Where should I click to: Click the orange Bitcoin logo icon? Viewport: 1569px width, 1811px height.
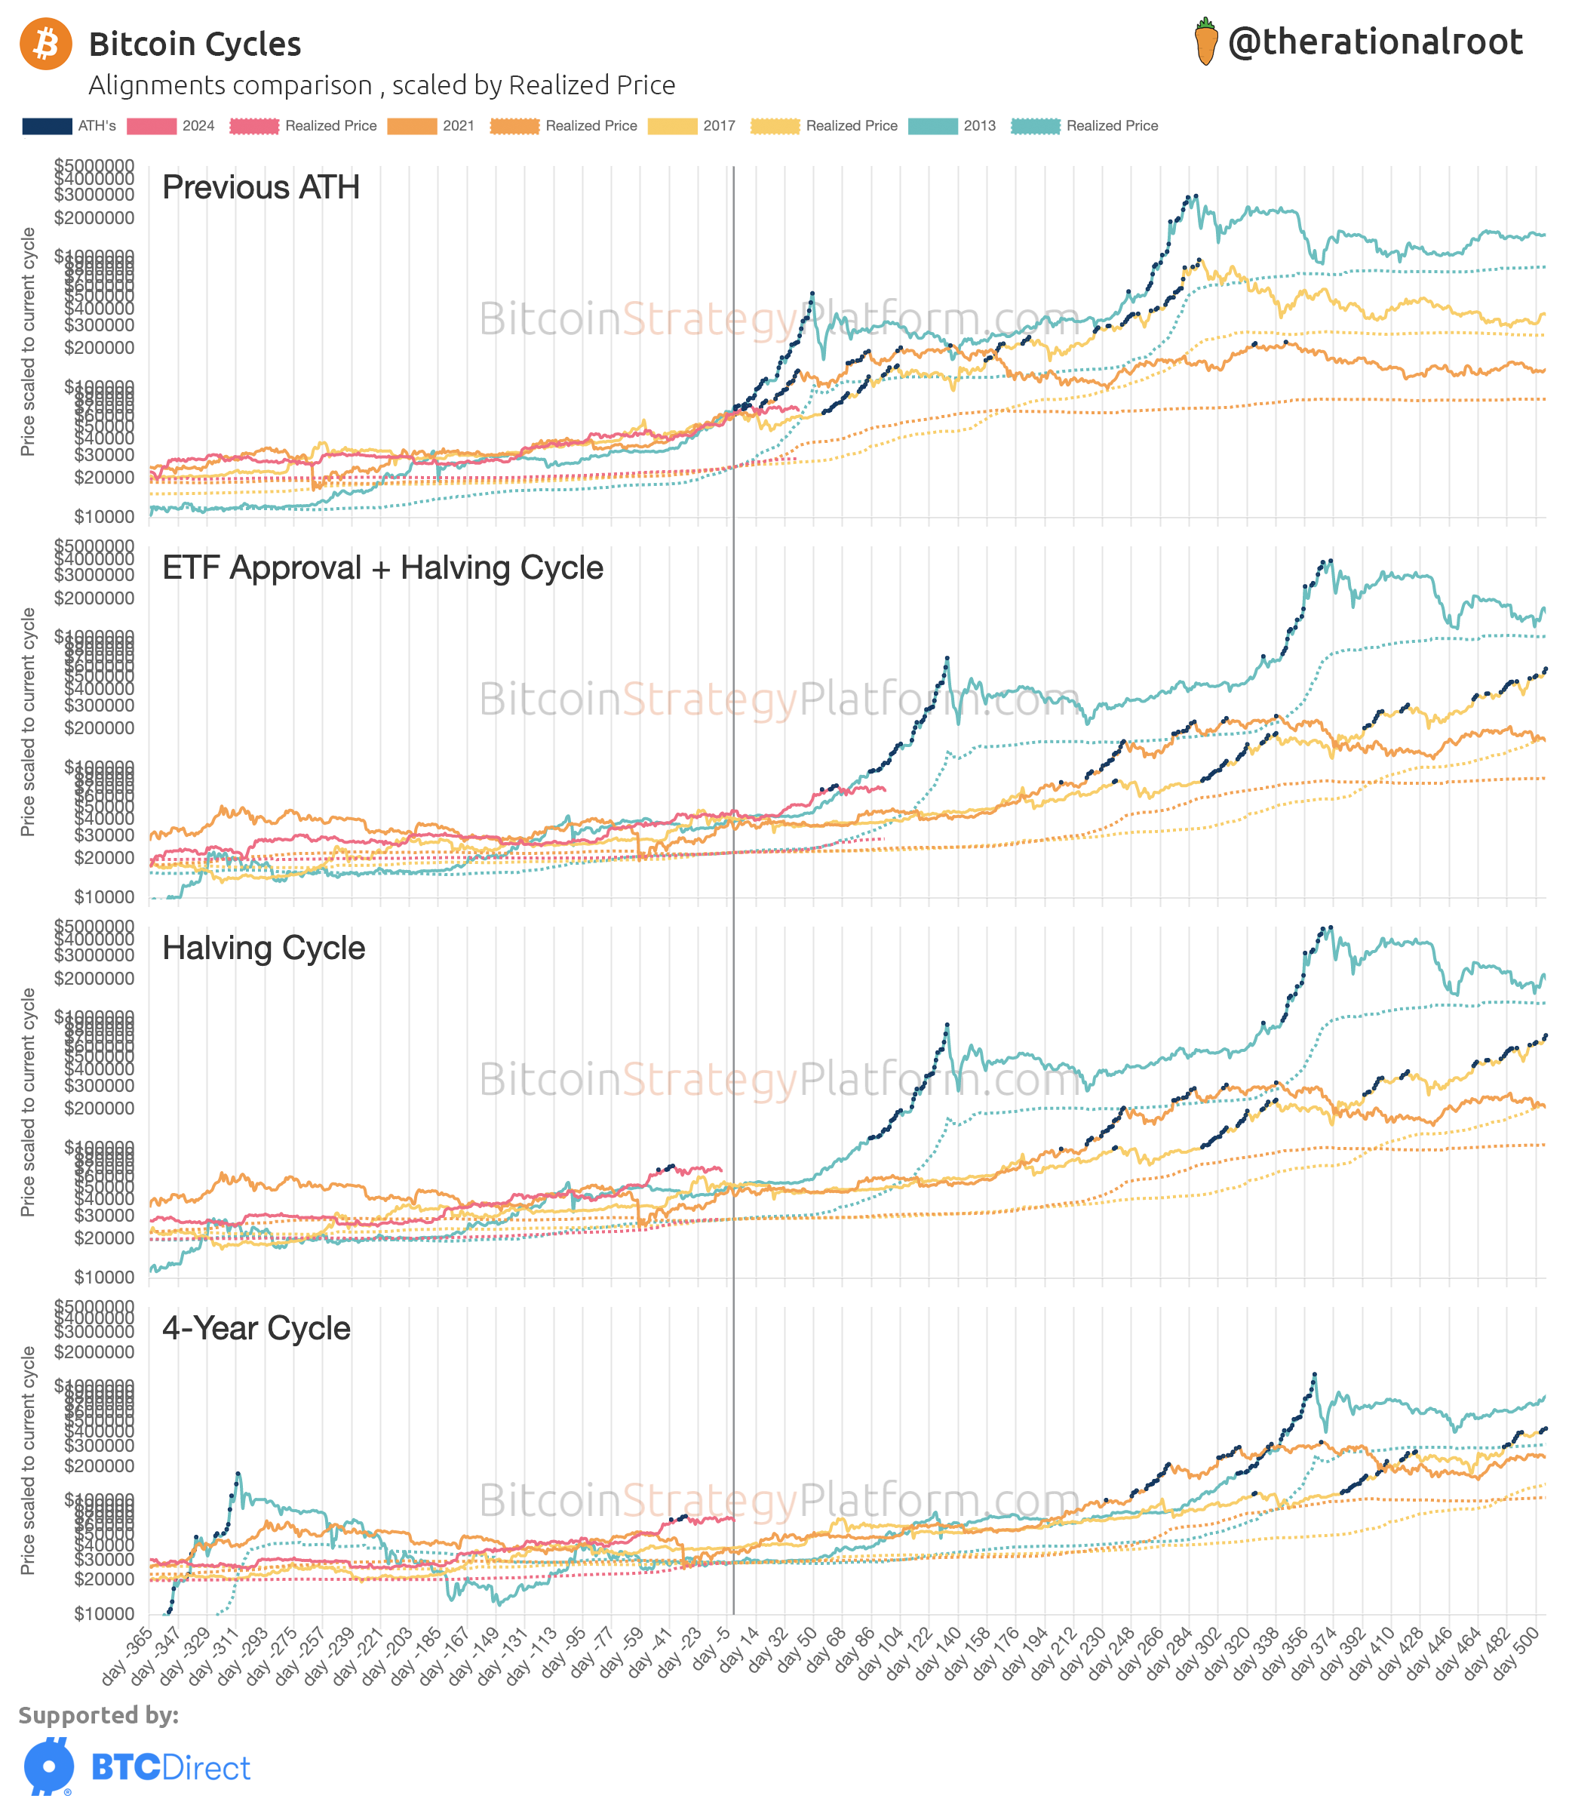pos(45,44)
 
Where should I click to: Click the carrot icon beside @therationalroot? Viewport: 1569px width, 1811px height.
pos(1205,42)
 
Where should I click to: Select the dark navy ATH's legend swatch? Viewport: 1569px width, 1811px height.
pos(48,126)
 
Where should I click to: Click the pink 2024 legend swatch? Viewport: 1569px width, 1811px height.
pos(151,126)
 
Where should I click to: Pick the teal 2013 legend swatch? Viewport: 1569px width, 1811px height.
pos(932,126)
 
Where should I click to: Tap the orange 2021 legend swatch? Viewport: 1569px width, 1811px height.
pos(412,126)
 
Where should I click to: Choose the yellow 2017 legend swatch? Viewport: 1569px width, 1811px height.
pos(671,126)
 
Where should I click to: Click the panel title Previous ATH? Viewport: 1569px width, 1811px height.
pos(261,187)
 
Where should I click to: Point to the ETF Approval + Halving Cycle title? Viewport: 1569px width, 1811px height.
pos(382,567)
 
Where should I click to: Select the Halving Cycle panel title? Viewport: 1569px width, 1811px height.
pos(263,948)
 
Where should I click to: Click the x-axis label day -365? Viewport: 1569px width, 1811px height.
pos(127,1655)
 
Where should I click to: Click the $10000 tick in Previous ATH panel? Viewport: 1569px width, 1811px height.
pos(103,517)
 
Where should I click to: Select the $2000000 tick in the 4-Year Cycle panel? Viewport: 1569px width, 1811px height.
pos(94,1352)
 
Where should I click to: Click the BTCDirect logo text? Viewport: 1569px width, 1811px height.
pos(170,1767)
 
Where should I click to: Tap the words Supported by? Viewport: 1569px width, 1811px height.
pos(98,1714)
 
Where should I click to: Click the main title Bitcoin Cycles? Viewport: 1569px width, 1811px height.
pos(195,44)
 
